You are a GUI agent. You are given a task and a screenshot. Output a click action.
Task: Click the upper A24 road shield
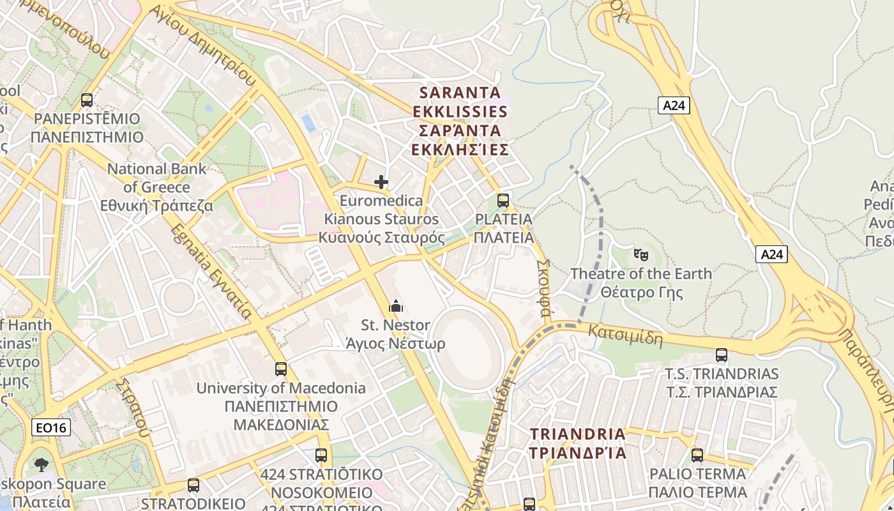coord(674,105)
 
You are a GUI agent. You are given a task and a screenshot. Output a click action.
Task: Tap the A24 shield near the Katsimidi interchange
coord(771,254)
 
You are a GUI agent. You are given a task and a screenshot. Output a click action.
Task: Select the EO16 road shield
coord(51,427)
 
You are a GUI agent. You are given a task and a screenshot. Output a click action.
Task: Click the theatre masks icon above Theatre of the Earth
coord(640,254)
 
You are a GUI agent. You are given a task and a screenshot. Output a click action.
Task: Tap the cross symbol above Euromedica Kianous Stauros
coord(381,182)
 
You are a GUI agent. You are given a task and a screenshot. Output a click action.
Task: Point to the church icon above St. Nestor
coord(395,306)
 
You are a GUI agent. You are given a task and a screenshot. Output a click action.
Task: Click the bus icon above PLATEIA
coord(503,201)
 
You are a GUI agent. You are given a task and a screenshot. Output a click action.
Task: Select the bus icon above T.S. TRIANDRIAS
coord(722,355)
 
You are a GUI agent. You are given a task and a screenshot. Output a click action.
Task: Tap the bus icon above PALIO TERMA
coord(697,455)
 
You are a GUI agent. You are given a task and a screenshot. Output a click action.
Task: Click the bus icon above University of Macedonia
coord(281,369)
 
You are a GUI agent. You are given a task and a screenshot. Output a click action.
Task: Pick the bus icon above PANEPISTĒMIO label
coord(87,100)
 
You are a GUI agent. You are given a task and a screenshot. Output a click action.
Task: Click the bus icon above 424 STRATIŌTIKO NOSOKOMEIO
coord(321,455)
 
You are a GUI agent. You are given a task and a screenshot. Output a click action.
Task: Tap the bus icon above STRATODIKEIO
coord(193,485)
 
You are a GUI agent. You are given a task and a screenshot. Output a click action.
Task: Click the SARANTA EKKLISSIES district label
coord(460,121)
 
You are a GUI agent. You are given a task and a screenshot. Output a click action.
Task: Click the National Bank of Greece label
coord(157,187)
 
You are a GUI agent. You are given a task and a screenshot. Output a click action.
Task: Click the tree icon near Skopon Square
coord(42,464)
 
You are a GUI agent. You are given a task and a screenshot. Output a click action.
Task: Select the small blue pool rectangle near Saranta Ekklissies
coord(309,123)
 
